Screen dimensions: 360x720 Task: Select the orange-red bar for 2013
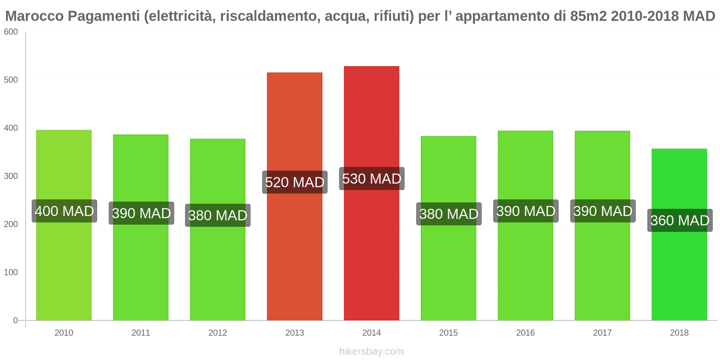point(294,252)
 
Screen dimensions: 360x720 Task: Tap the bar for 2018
point(679,270)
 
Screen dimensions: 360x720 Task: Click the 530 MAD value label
point(371,179)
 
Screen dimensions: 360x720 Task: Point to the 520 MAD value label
point(294,182)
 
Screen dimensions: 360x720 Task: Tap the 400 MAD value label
point(64,211)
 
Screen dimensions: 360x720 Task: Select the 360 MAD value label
point(679,220)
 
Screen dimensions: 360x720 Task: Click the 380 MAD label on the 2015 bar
point(449,214)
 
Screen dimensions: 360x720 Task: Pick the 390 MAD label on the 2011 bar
point(141,213)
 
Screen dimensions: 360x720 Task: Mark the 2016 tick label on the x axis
point(525,333)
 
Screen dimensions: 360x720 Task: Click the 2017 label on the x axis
point(602,333)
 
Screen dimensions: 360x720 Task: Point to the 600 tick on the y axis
point(11,32)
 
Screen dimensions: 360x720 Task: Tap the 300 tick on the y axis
point(11,176)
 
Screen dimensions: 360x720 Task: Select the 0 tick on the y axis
point(15,320)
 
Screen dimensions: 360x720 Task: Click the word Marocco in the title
point(34,16)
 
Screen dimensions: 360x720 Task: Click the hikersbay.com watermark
point(371,351)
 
